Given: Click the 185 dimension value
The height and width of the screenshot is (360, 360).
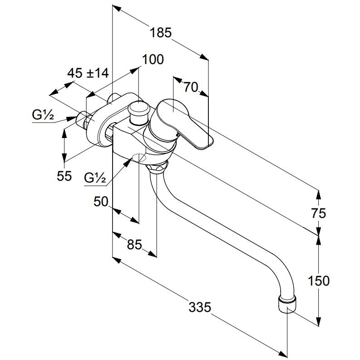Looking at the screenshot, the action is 161,33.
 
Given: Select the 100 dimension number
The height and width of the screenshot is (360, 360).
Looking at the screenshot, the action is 153,59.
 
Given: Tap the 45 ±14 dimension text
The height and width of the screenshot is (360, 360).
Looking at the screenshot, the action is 88,73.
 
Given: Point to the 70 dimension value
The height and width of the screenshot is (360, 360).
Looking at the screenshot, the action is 191,87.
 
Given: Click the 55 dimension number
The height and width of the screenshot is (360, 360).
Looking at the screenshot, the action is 64,176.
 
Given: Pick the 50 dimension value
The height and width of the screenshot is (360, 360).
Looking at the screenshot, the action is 101,202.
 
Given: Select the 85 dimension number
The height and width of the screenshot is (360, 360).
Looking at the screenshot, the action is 134,244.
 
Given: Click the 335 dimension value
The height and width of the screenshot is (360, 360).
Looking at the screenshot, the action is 199,307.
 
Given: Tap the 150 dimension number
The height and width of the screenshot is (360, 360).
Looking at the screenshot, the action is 318,281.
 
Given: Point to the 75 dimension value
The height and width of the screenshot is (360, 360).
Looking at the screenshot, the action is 319,213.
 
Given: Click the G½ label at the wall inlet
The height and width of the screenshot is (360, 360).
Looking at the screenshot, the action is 43,115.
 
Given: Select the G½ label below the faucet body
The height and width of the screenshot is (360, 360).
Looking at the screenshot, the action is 95,178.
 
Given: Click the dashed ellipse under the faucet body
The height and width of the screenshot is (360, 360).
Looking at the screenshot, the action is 139,158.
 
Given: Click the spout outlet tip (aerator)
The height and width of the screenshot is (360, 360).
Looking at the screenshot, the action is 287,304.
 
